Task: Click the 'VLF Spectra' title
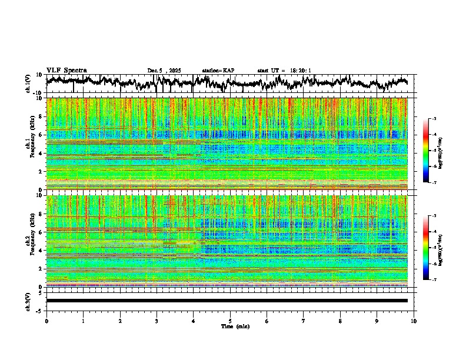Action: tap(66, 70)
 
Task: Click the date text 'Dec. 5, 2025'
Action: tap(164, 71)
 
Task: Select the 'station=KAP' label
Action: tap(218, 71)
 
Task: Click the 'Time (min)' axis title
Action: tap(235, 326)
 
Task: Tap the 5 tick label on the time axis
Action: tap(230, 321)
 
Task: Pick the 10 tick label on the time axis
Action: tap(414, 321)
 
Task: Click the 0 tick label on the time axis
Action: tap(46, 321)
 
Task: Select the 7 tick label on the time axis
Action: tap(304, 321)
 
